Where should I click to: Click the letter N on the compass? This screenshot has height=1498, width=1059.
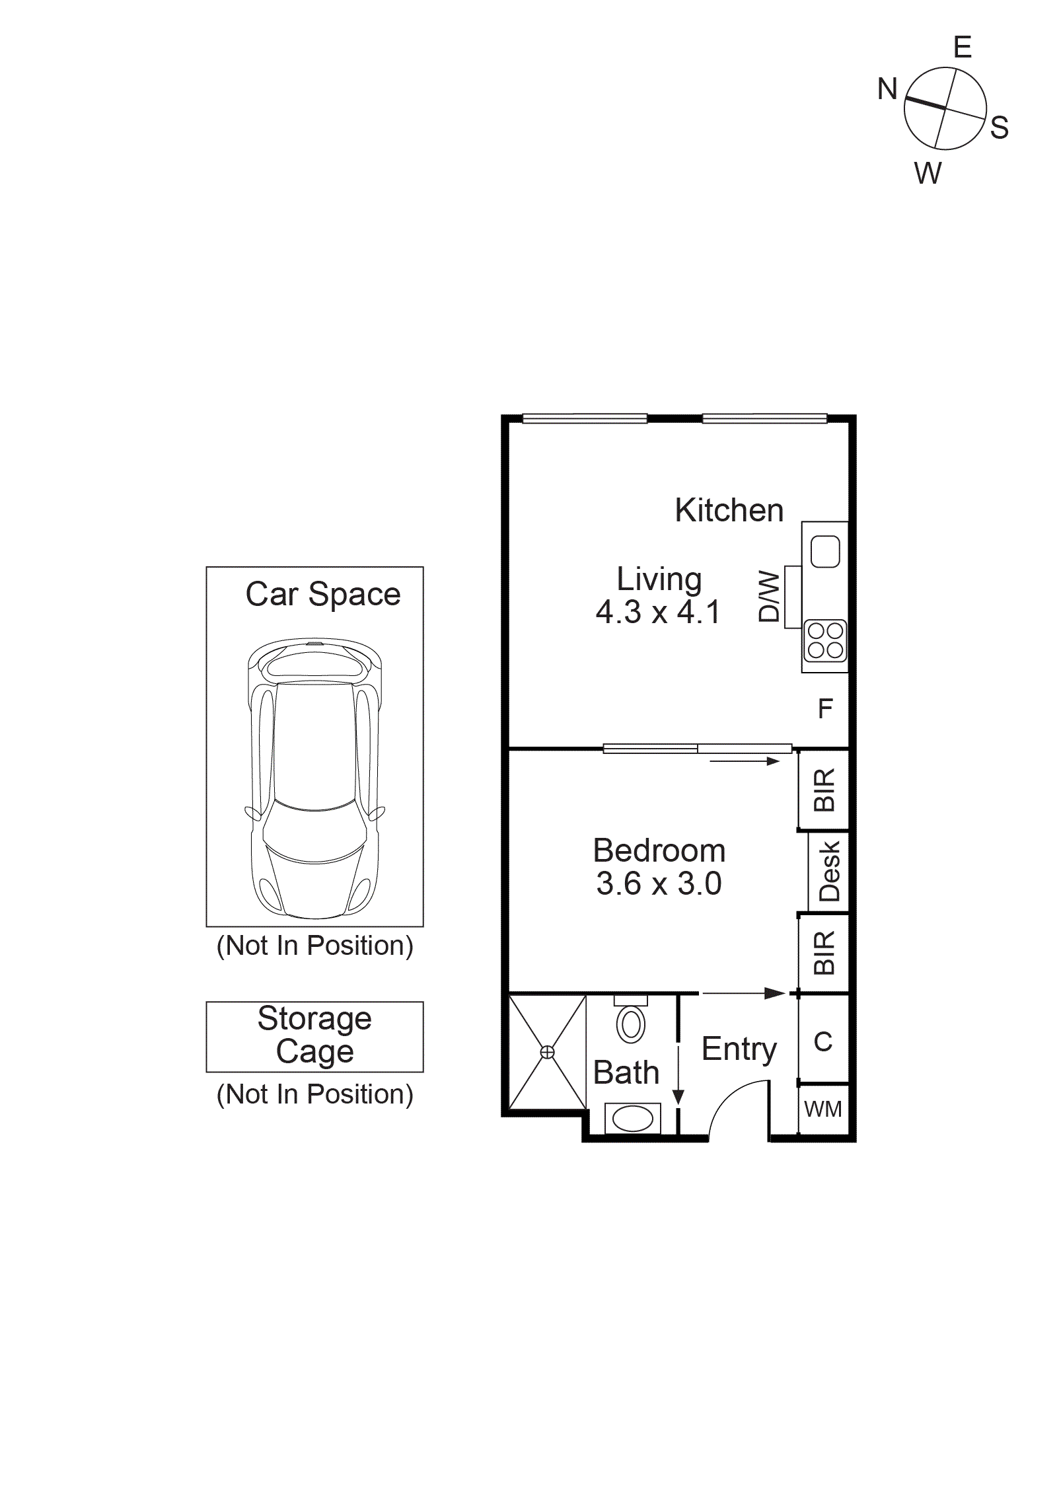click(887, 89)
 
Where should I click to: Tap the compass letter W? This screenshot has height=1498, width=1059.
click(928, 173)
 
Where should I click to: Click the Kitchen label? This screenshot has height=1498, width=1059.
click(729, 510)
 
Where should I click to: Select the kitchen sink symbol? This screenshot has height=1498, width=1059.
click(824, 551)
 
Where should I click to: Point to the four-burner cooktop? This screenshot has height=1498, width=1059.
click(825, 640)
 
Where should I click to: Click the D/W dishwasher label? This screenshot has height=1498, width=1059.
click(769, 596)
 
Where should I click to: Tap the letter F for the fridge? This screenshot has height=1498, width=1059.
click(825, 708)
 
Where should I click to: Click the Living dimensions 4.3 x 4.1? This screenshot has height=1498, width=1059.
click(657, 612)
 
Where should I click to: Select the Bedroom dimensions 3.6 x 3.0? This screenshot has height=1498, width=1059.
click(659, 883)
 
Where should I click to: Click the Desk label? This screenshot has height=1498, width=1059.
click(829, 871)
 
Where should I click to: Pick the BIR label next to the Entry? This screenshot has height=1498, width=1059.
click(824, 953)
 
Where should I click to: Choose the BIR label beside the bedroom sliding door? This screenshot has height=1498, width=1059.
click(824, 790)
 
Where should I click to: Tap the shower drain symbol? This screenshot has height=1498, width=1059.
click(547, 1052)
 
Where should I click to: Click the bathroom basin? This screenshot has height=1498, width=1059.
click(632, 1119)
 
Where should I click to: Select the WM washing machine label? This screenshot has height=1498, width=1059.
click(822, 1109)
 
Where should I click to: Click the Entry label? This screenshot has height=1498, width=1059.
click(739, 1049)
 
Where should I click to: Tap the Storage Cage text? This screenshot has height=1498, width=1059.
click(314, 1035)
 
